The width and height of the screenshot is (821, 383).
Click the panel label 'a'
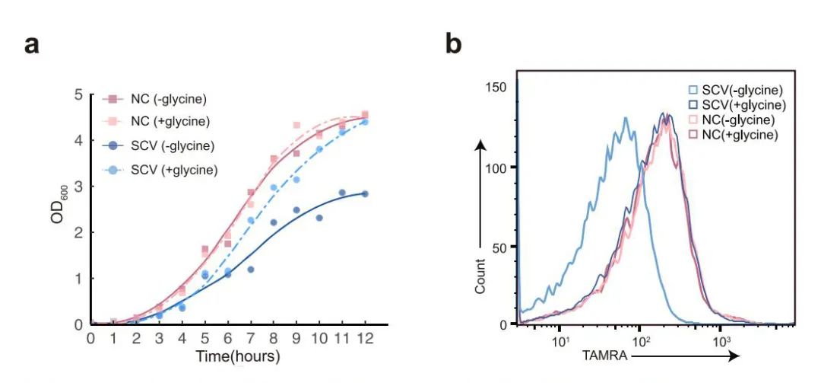31,45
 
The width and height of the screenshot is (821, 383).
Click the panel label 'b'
453,45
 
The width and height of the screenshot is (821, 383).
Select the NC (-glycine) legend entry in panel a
155,99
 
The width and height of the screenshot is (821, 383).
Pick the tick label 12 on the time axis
367,337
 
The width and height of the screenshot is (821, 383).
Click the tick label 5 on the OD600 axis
78,95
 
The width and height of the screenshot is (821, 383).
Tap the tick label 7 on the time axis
251,337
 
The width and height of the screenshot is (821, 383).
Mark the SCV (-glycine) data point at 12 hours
366,193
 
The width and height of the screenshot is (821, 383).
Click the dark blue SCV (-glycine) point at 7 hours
250,270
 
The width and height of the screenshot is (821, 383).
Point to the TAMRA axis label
604,355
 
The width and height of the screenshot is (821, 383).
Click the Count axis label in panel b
480,276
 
